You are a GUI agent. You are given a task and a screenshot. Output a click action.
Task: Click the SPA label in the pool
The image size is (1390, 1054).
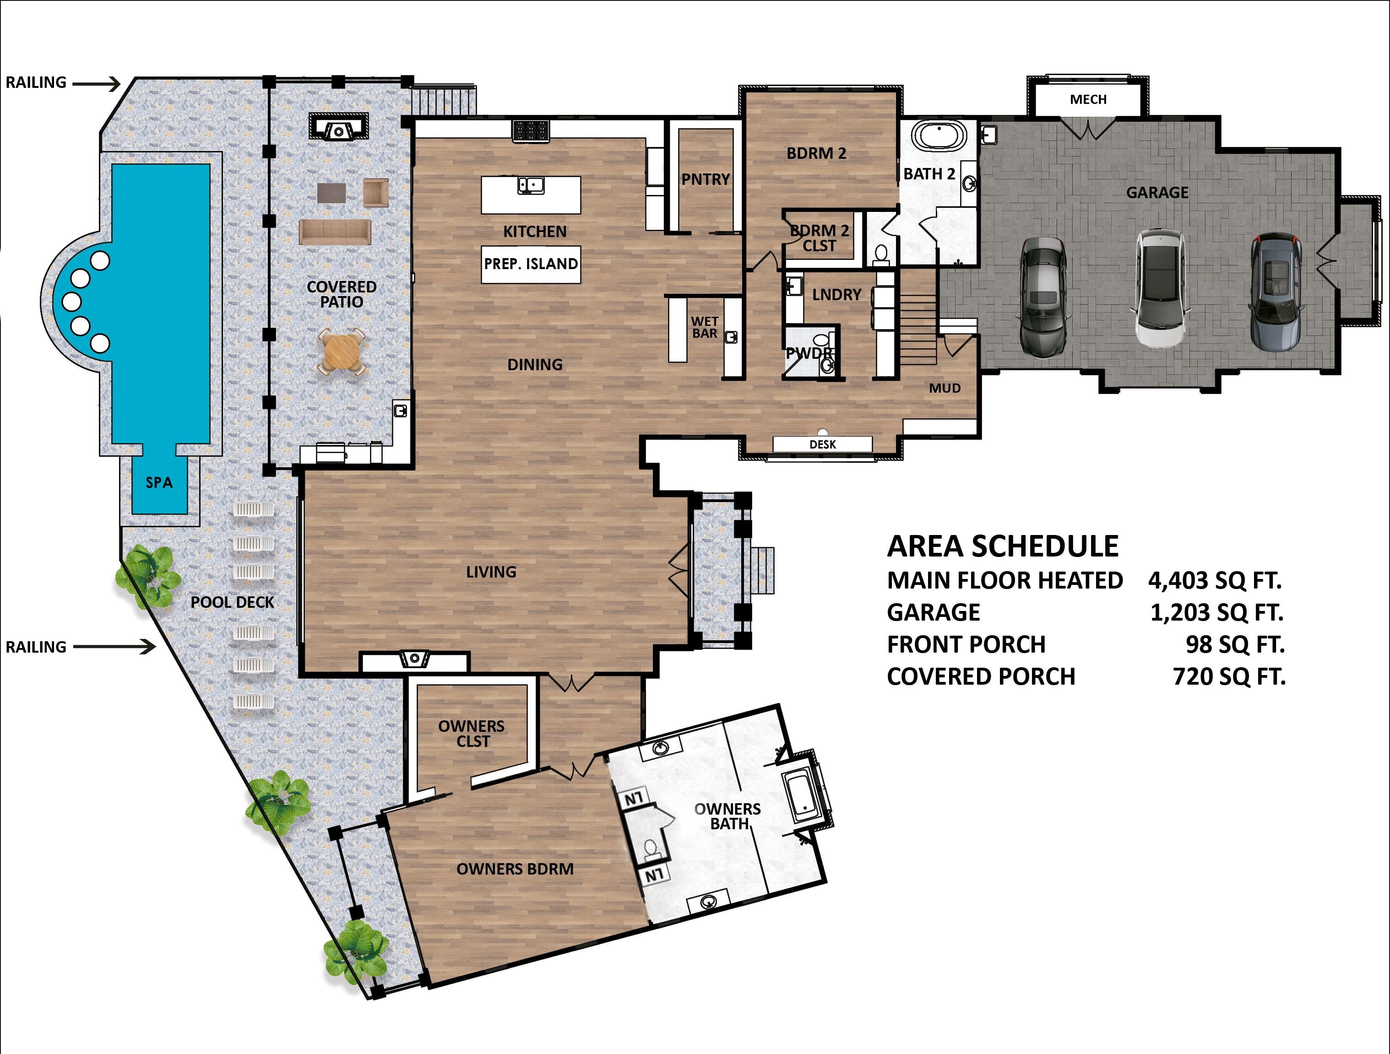point(159,482)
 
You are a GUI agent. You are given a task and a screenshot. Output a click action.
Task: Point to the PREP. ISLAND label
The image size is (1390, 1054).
point(530,264)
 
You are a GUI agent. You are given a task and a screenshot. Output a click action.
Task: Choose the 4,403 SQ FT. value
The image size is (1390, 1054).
point(1214,580)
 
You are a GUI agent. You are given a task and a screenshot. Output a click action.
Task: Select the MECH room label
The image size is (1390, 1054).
point(1088,99)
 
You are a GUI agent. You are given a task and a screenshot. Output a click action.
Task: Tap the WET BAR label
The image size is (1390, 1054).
point(705,327)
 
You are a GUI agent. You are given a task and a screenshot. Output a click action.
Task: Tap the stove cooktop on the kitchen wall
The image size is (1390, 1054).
point(531,130)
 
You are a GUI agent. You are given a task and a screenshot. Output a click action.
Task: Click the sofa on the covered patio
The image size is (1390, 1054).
point(334,231)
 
